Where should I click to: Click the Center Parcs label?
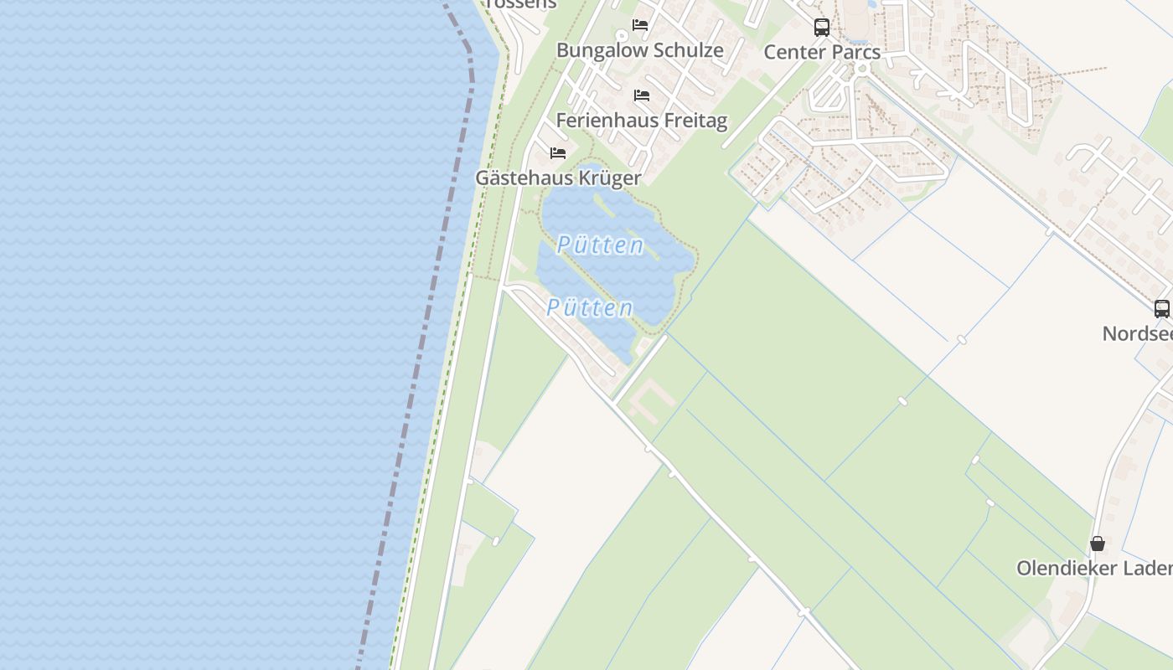click(x=822, y=52)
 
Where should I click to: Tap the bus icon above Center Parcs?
click(x=822, y=27)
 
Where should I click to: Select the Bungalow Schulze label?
click(x=640, y=50)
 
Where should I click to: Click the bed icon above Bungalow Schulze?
click(x=640, y=24)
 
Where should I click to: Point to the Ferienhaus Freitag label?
click(x=642, y=121)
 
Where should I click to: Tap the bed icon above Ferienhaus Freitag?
click(x=642, y=95)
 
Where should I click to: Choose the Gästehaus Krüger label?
click(x=558, y=178)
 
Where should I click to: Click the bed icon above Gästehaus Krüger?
click(x=558, y=152)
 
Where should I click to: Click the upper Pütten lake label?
click(x=601, y=245)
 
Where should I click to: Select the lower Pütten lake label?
click(x=590, y=307)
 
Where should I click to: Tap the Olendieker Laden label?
click(x=1094, y=568)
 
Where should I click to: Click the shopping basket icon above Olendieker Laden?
click(x=1098, y=544)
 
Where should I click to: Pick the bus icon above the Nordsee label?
click(x=1162, y=308)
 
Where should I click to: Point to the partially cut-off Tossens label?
click(x=520, y=4)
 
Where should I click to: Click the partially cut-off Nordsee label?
click(x=1138, y=333)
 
